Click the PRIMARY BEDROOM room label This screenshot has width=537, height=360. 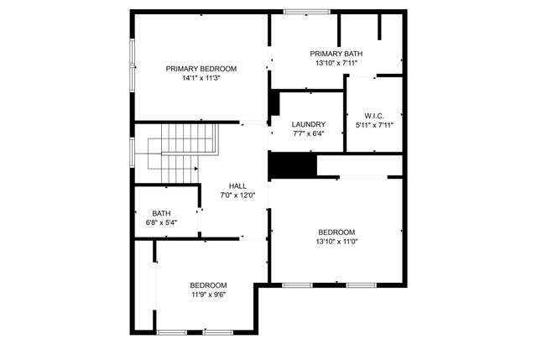click(x=201, y=69)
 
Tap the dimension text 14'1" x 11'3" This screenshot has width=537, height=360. click(x=201, y=79)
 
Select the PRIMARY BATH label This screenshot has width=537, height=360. click(x=336, y=54)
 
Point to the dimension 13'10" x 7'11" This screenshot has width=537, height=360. click(x=336, y=63)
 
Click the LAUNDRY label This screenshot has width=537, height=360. click(x=308, y=123)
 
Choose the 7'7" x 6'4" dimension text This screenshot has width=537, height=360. click(x=308, y=133)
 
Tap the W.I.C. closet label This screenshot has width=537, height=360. click(x=374, y=116)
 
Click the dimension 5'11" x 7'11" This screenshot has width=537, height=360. click(x=374, y=125)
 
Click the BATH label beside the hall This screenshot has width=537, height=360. click(x=161, y=213)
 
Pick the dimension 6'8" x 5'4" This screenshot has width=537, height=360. click(x=161, y=222)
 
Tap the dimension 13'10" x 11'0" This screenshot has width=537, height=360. click(x=336, y=242)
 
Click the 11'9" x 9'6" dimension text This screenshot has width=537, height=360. click(x=208, y=294)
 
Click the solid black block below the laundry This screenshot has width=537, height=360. click(x=292, y=164)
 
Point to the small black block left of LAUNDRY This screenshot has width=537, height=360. click(x=274, y=103)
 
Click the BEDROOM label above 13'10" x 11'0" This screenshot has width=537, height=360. click(x=336, y=232)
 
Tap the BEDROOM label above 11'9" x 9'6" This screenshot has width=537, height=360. click(x=208, y=284)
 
